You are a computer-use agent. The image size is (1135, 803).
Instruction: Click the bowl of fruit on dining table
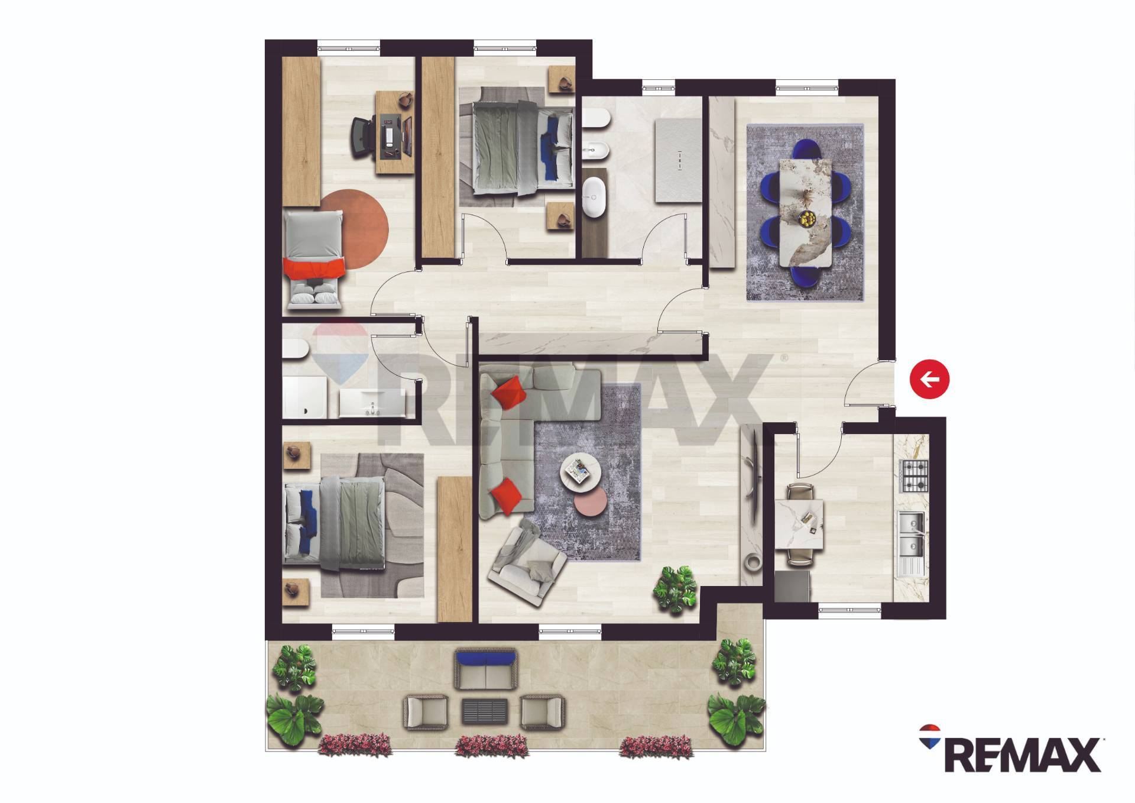tap(806, 219)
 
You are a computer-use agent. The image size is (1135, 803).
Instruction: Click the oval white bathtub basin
tap(592, 192)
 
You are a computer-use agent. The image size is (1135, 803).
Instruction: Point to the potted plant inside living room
tap(675, 588)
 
